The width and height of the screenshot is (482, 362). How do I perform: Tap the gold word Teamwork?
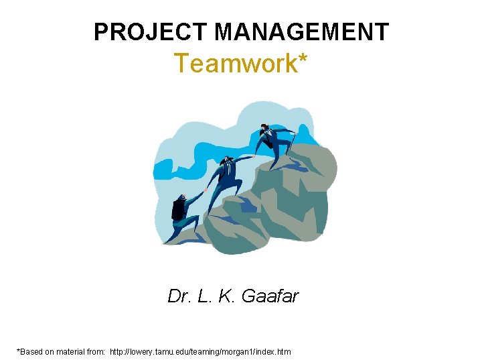pos(231,64)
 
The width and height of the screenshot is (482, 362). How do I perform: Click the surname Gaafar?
pos(270,296)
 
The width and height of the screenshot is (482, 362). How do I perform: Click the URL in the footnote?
pos(200,351)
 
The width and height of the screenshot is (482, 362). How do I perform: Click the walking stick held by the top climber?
pos(293,144)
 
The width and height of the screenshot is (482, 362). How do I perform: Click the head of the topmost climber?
pos(264,127)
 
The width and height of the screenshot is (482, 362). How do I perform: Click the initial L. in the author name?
pos(204,296)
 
